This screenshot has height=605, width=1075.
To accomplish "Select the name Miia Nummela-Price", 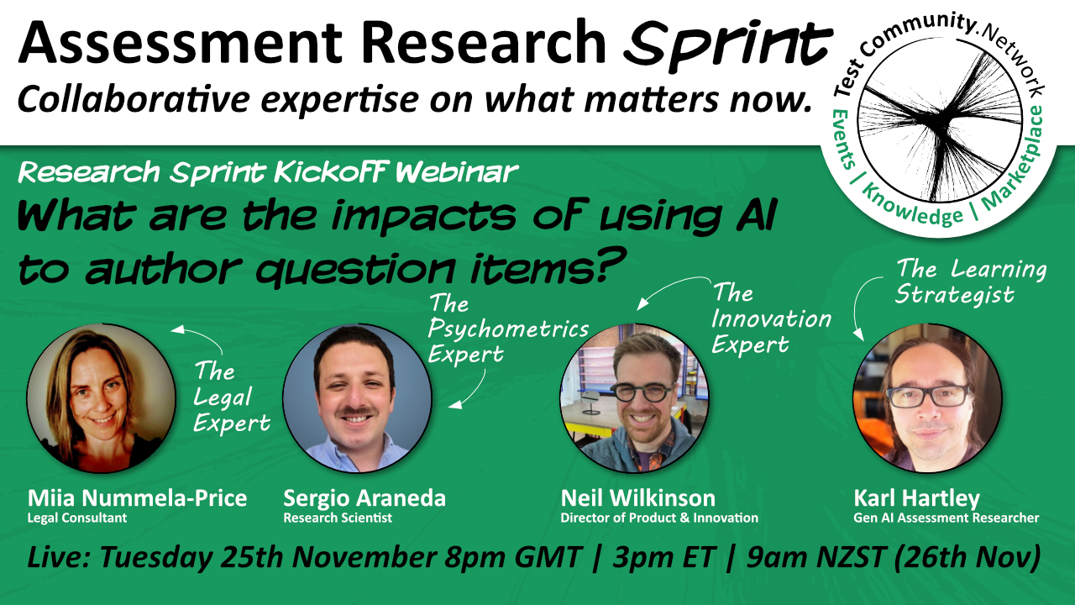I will [x=137, y=497].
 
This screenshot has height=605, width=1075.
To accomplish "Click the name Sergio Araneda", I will [x=364, y=497].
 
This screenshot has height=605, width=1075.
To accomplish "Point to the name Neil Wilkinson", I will [x=638, y=497].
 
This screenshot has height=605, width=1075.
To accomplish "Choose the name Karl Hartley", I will [x=916, y=497].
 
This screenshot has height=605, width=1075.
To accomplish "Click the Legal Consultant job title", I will [x=77, y=518].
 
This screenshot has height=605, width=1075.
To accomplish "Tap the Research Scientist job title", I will [x=338, y=518].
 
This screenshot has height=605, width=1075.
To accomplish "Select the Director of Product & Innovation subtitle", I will [x=659, y=518].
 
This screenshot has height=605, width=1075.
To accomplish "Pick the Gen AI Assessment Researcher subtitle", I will [x=947, y=518].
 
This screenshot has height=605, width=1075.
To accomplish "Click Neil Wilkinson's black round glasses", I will [x=640, y=392].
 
